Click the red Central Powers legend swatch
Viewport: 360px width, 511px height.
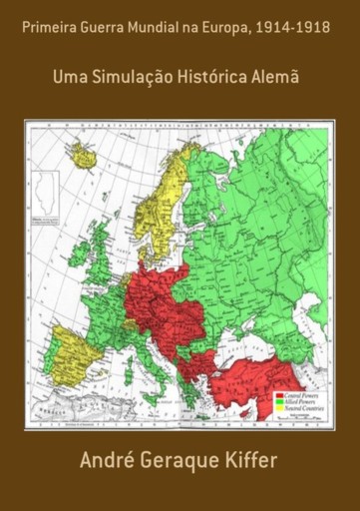click(279, 396)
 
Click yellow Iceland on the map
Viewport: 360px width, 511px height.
click(82, 157)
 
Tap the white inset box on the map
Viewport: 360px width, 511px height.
click(44, 194)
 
